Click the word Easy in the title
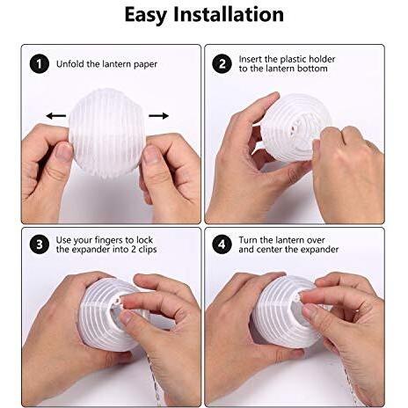146,15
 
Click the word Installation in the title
229,14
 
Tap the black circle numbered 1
40,64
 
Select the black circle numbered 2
222,63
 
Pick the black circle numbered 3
40,244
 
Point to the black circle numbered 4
222,244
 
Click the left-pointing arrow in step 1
56,116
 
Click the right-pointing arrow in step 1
159,116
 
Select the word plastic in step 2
294,59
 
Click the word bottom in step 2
312,69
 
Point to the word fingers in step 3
106,240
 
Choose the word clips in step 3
148,250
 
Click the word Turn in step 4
248,240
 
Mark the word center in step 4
269,250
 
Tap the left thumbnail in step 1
64,152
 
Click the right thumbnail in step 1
151,154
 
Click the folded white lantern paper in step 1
106,135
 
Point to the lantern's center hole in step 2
295,128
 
